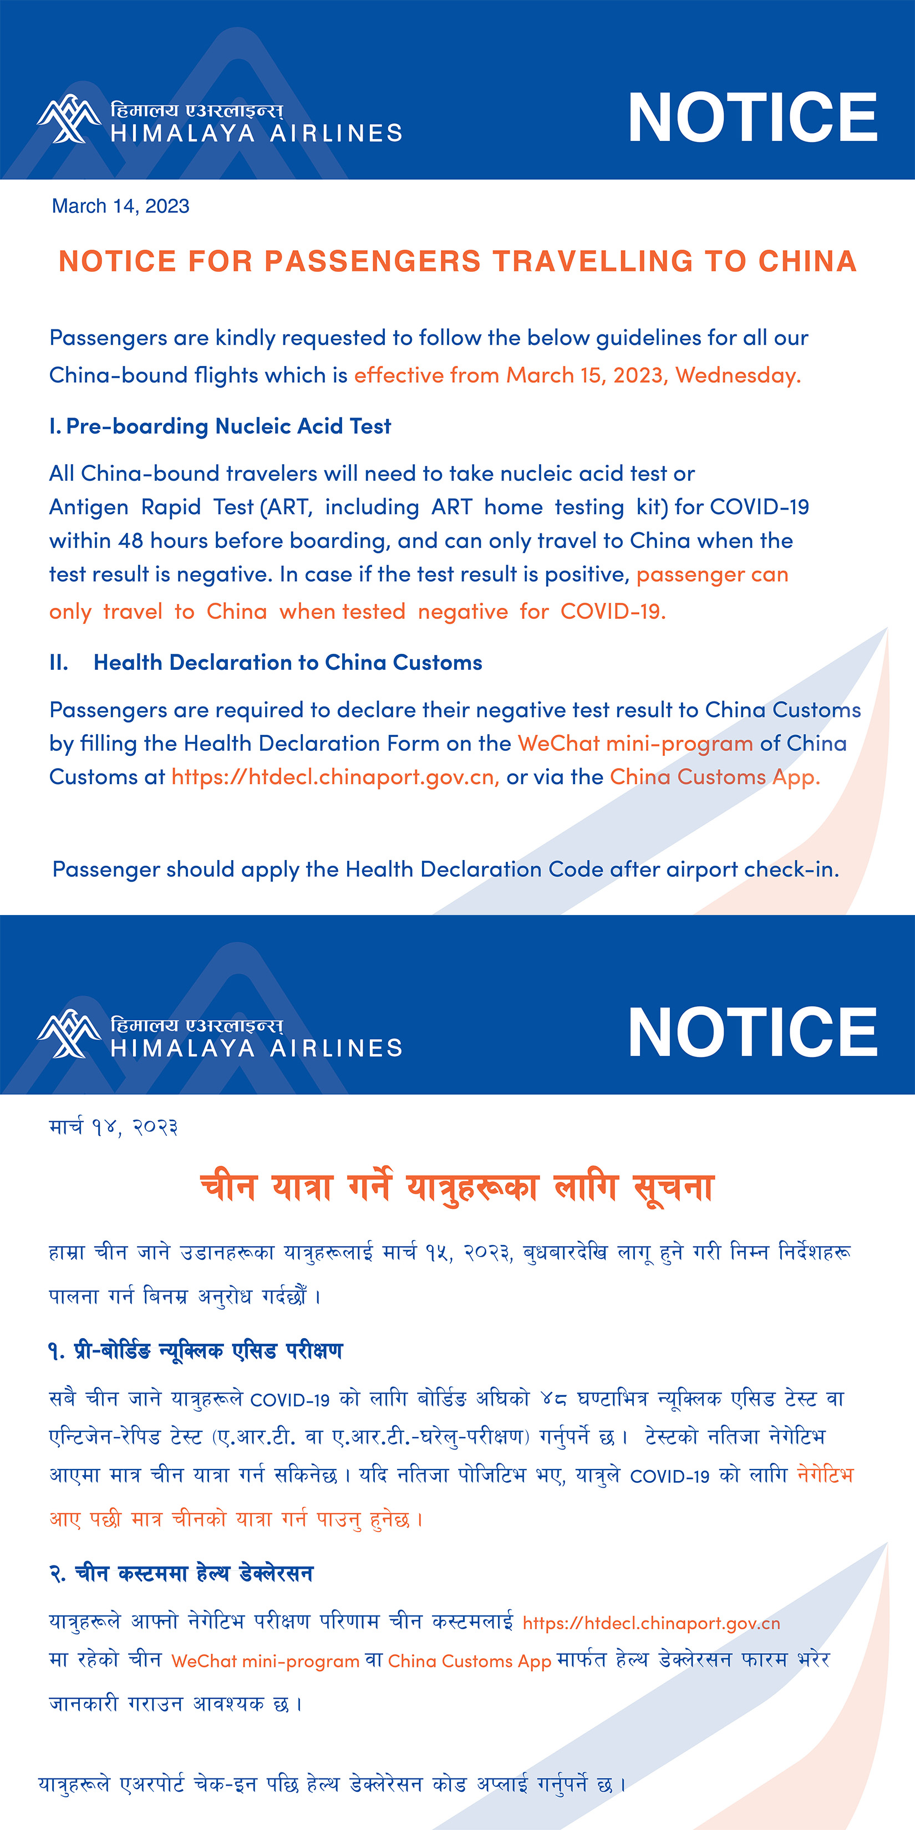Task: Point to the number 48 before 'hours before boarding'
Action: click(131, 541)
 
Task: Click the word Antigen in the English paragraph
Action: click(89, 507)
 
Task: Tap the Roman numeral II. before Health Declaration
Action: click(59, 663)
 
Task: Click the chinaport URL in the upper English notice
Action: click(334, 777)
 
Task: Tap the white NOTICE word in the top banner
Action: click(753, 117)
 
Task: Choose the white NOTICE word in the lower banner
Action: click(753, 1032)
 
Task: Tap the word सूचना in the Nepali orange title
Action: click(673, 1188)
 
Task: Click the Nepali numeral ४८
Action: click(553, 1399)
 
